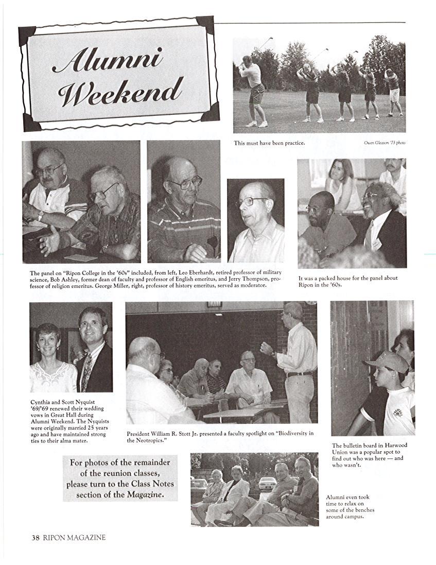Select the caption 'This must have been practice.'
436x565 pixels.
[x=269, y=143]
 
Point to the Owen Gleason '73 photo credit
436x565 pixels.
[x=384, y=143]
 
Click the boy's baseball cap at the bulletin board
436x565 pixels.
[x=387, y=362]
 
